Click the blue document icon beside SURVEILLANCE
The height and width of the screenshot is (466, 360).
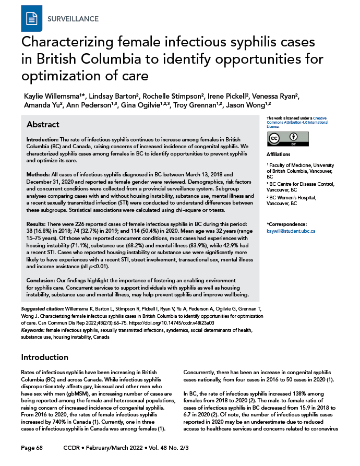31,18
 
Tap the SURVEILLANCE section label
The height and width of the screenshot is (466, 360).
73,19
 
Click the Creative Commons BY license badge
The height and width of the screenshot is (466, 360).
287,138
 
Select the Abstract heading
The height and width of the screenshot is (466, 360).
43,125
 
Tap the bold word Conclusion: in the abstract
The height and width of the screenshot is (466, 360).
42,281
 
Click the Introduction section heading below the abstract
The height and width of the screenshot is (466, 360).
44,357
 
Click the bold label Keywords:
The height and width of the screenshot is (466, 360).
32,330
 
